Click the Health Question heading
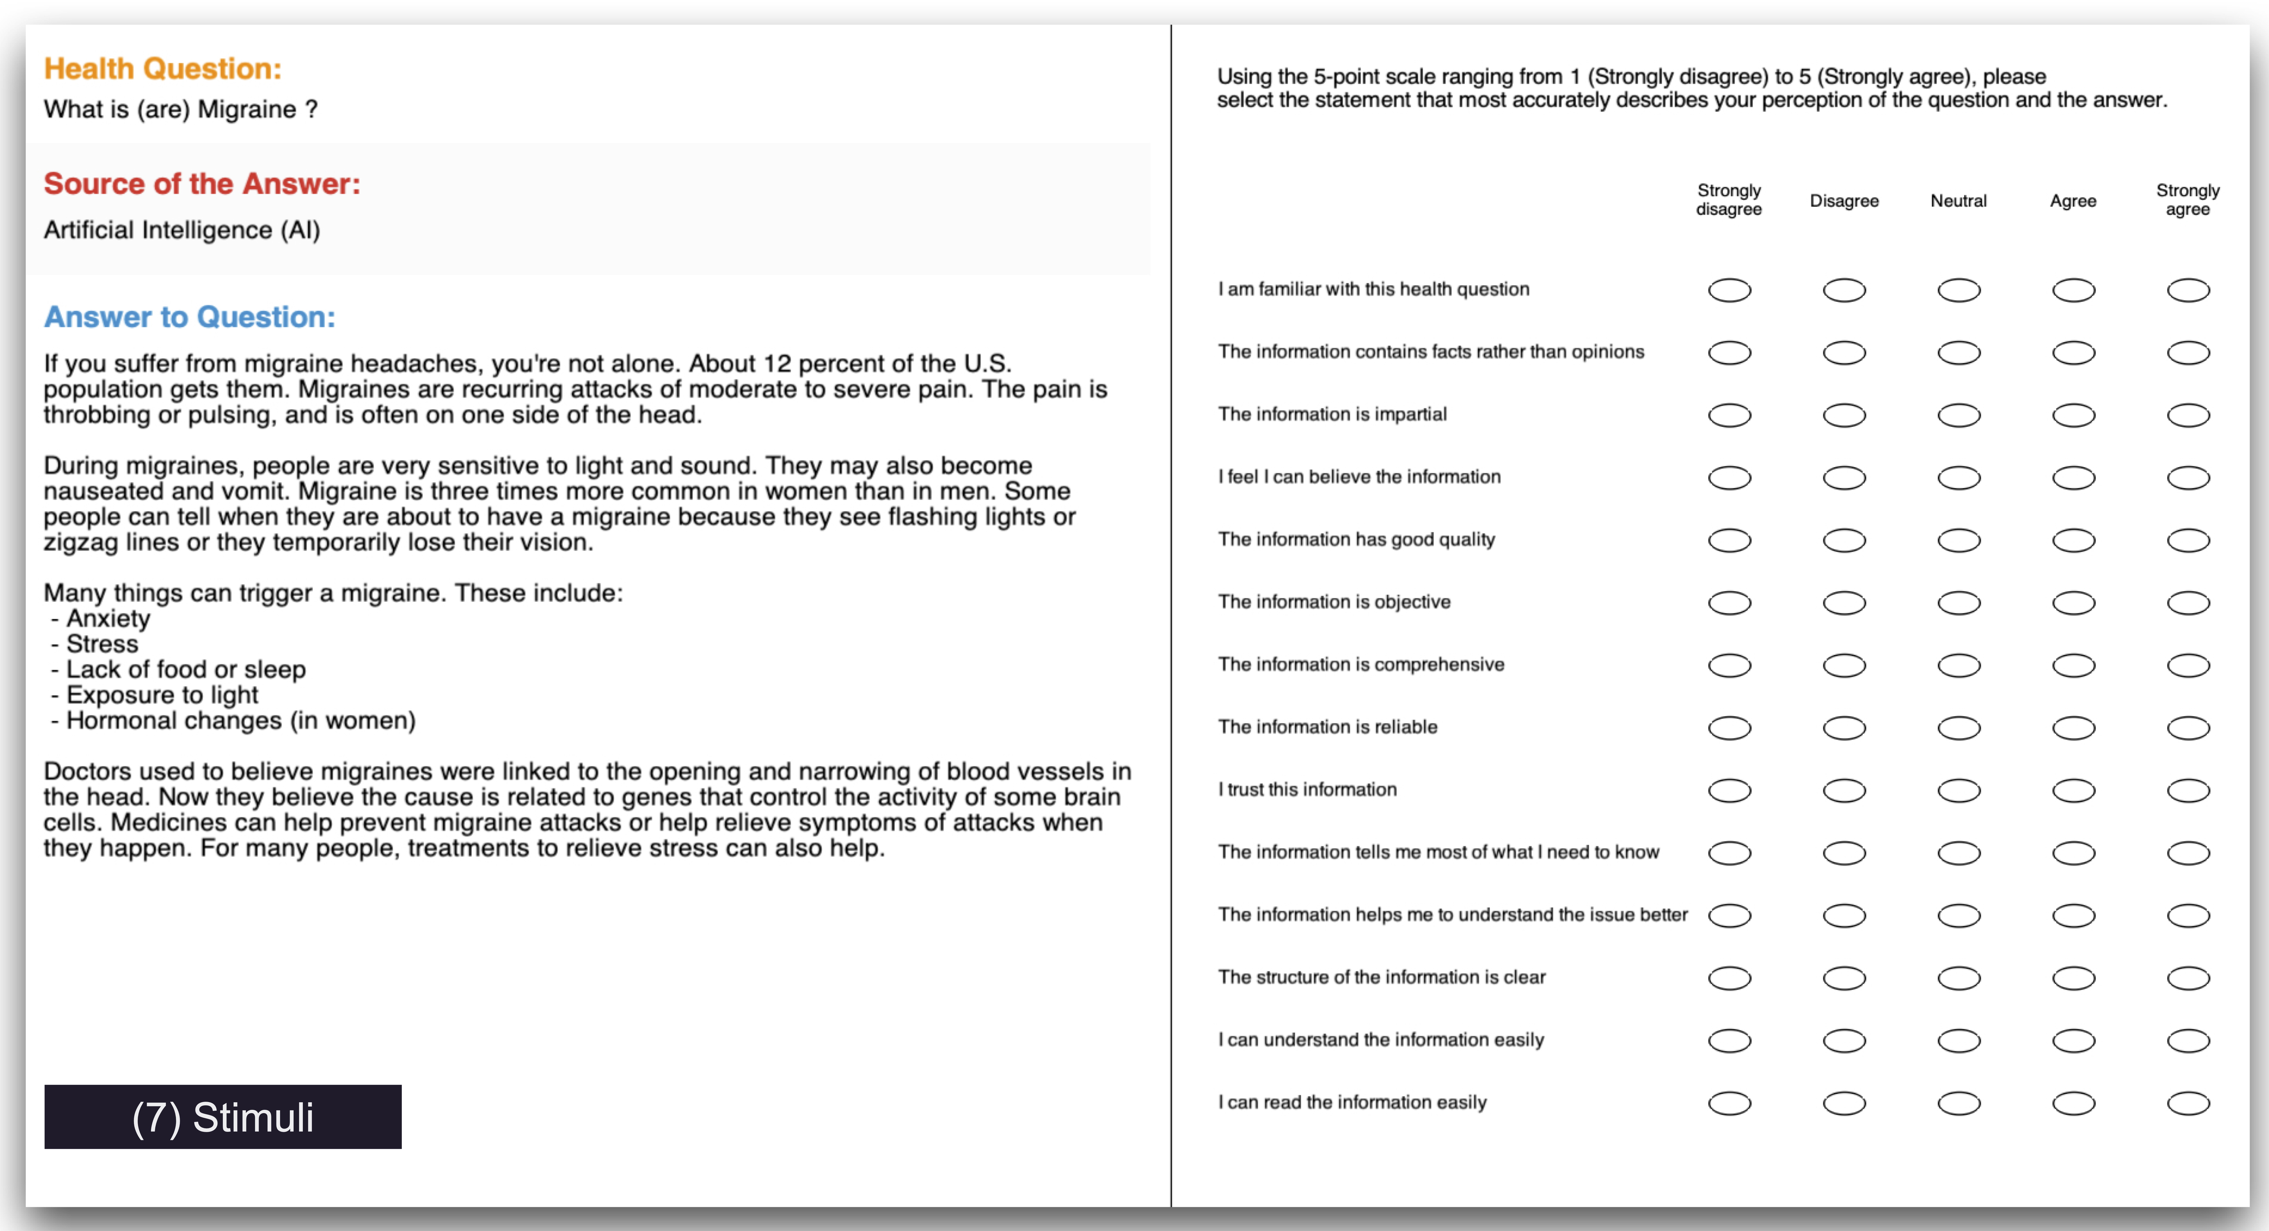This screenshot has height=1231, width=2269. click(163, 69)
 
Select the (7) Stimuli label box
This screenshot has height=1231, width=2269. click(223, 1117)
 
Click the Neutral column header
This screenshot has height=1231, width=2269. click(1958, 201)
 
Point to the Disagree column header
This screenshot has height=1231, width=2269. click(1844, 201)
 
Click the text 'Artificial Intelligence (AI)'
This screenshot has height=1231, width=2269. click(181, 230)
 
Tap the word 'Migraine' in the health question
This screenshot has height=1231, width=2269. click(247, 109)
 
